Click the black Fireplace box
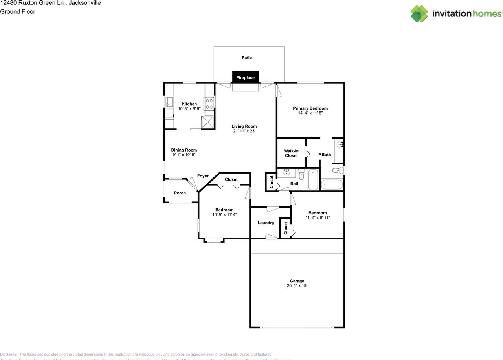[x=245, y=77]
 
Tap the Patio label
[x=247, y=58]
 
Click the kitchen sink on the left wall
[x=169, y=103]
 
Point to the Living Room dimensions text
[x=244, y=131]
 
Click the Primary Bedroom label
[x=310, y=108]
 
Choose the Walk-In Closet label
[x=291, y=153]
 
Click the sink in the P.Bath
[x=339, y=144]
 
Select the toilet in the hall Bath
[x=301, y=174]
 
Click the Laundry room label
[x=266, y=223]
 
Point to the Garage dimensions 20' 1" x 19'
[x=297, y=286]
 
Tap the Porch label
[x=180, y=193]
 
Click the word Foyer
[x=203, y=176]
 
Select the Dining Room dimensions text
[x=184, y=155]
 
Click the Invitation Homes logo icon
[x=419, y=14]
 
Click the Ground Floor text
[x=18, y=12]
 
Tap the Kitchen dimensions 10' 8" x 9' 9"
[x=189, y=109]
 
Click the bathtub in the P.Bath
[x=332, y=185]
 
